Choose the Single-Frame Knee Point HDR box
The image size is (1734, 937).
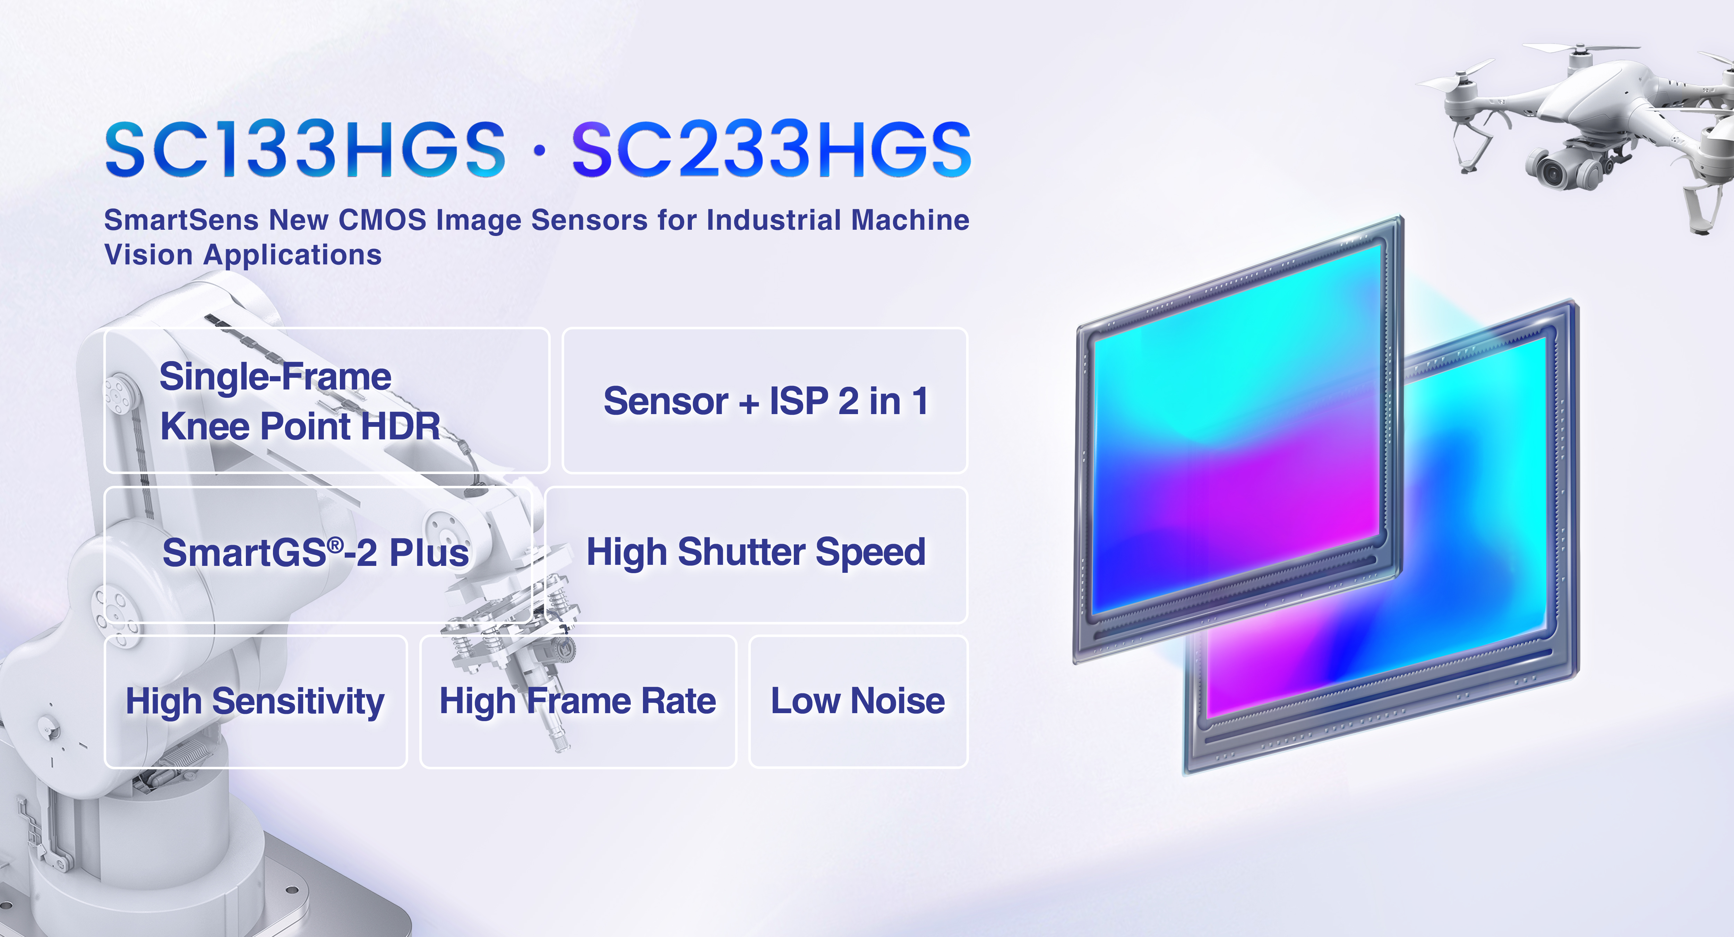pyautogui.click(x=327, y=400)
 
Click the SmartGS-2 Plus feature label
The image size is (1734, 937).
pyautogui.click(x=316, y=553)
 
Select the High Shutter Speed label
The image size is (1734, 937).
pyautogui.click(x=756, y=552)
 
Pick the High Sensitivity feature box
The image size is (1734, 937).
pyautogui.click(x=256, y=702)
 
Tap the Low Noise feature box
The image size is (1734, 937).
pyautogui.click(x=858, y=702)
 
